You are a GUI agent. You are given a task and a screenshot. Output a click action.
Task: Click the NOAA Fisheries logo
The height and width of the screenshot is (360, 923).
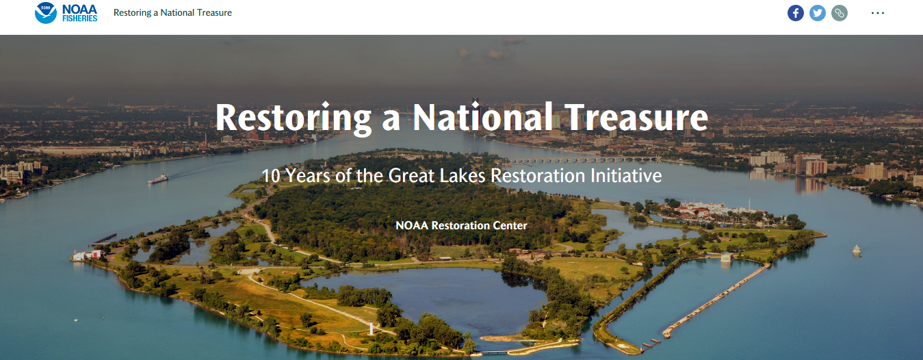click(x=66, y=13)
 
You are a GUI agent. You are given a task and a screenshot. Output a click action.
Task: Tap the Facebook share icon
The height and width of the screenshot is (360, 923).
click(x=796, y=13)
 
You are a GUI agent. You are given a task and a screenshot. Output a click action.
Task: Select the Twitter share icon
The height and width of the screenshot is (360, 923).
click(x=818, y=13)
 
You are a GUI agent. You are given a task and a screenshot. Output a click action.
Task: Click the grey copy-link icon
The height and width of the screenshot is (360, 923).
click(x=840, y=13)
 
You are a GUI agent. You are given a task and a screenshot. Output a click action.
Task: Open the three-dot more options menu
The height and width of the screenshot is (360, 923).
click(x=878, y=13)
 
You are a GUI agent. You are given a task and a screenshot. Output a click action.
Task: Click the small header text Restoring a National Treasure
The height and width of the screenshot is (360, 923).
click(x=172, y=13)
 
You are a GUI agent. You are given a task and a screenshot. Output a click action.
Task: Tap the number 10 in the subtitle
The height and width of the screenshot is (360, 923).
click(x=272, y=176)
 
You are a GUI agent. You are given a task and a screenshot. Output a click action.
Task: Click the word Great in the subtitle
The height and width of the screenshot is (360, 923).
click(x=413, y=176)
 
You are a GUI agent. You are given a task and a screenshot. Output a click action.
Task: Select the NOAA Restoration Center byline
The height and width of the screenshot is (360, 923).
click(x=461, y=225)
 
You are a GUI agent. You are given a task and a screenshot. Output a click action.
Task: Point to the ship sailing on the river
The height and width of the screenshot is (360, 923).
click(x=158, y=179)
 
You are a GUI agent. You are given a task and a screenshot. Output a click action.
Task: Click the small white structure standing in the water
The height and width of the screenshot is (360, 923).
click(x=856, y=250)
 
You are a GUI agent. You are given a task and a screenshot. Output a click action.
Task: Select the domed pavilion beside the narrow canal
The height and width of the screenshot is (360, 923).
click(x=726, y=259)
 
